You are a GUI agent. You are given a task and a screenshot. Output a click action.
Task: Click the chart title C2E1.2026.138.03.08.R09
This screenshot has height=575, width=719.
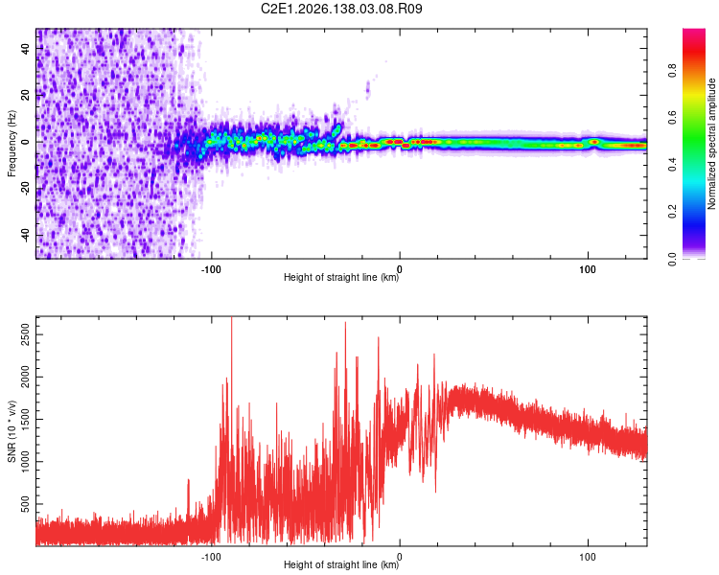(341, 9)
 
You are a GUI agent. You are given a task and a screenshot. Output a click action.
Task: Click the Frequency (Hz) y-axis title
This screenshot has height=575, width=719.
(12, 143)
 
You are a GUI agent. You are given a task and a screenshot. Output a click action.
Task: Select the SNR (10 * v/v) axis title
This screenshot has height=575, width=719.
(12, 431)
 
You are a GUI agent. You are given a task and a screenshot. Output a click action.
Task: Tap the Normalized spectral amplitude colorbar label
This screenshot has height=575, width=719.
(711, 144)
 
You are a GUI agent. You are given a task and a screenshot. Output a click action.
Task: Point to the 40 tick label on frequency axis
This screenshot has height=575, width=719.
(25, 48)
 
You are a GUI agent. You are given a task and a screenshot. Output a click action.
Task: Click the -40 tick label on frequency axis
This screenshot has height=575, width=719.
(25, 237)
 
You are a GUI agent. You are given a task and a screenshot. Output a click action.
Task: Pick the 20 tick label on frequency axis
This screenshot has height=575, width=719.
(25, 96)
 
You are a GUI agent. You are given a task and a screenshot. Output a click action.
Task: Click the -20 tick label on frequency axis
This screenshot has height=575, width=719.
(25, 190)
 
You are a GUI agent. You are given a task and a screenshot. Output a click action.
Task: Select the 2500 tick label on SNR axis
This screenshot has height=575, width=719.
(25, 334)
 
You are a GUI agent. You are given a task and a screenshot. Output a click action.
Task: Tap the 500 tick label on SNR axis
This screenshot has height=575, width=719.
(25, 504)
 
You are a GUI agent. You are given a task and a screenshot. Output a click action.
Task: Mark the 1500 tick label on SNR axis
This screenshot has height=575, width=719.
(25, 420)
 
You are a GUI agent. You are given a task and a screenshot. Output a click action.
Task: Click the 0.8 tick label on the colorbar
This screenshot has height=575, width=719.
(672, 70)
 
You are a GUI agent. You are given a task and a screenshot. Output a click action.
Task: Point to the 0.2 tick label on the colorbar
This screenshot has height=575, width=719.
(672, 212)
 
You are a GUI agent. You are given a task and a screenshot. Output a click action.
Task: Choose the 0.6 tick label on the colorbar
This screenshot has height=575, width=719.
(672, 117)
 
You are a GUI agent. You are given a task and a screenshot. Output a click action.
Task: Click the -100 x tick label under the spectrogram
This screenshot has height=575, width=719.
(211, 269)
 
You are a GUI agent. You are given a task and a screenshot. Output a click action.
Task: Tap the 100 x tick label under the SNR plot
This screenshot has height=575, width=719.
(588, 557)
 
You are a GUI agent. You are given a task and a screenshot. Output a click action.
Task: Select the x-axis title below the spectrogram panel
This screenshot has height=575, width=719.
(341, 277)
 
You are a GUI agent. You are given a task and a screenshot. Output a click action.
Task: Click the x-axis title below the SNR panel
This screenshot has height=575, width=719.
(341, 564)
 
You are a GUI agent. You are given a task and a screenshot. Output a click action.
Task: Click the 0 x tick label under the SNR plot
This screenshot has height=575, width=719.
(400, 557)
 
